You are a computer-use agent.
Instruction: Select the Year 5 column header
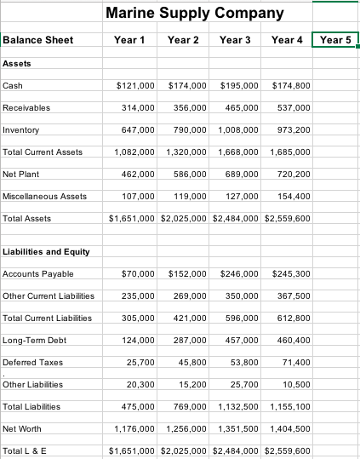coord(335,40)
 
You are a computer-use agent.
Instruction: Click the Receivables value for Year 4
coord(294,108)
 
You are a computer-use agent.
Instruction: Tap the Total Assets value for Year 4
coord(288,218)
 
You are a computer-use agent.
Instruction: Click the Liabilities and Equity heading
coord(47,251)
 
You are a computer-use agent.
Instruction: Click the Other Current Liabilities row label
coord(49,295)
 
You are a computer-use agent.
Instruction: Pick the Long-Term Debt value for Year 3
coord(243,340)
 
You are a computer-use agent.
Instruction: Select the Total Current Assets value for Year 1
coord(134,152)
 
